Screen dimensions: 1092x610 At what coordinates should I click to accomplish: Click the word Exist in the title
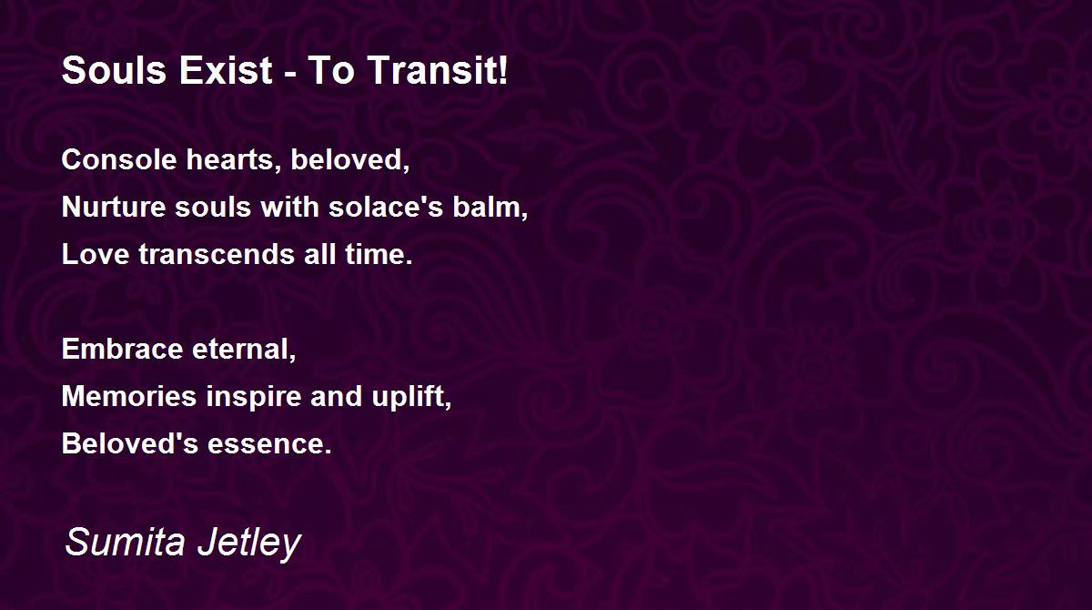pos(226,70)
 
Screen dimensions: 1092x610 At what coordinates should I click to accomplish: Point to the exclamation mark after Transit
pos(502,70)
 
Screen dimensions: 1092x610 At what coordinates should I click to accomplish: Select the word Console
pos(119,159)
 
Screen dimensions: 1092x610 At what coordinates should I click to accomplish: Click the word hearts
pos(233,159)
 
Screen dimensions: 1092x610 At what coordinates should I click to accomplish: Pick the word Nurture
pos(114,207)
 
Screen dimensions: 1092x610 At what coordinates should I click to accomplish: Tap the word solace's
pos(386,207)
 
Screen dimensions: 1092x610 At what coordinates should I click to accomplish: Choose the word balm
pos(486,207)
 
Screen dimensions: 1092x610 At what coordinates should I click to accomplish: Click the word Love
pos(96,254)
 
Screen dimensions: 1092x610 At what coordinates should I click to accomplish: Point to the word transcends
pos(217,254)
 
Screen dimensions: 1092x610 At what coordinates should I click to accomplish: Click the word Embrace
pos(122,349)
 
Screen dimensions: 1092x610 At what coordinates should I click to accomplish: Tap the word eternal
pos(240,349)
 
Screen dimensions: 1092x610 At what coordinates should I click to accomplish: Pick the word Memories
pos(129,396)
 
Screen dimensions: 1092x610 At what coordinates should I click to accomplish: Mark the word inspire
pos(254,397)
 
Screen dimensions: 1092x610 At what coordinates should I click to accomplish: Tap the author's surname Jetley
pos(249,544)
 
